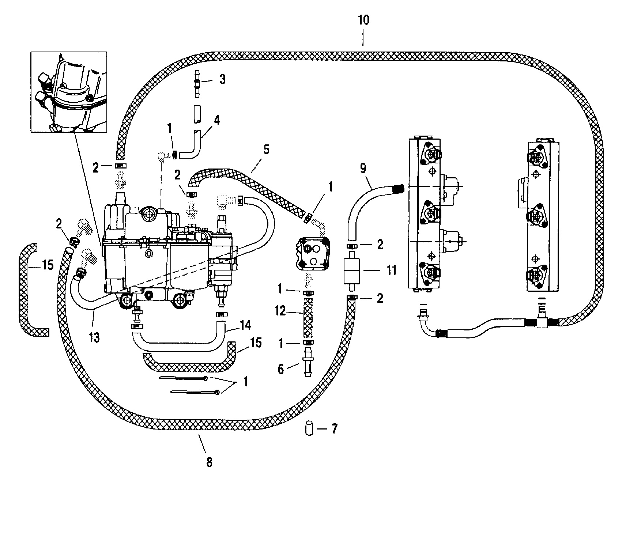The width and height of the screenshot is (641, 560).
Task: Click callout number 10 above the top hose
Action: pyautogui.click(x=364, y=20)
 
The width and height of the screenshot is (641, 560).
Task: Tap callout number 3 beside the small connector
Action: pyautogui.click(x=222, y=80)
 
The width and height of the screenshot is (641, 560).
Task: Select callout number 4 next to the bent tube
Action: pyautogui.click(x=217, y=120)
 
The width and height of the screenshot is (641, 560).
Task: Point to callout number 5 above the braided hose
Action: pyautogui.click(x=266, y=150)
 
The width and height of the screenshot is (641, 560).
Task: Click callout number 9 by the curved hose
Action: pyautogui.click(x=363, y=168)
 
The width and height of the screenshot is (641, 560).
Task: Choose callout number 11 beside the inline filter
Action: pyautogui.click(x=392, y=270)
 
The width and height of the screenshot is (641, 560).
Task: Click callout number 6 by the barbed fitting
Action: pyautogui.click(x=281, y=369)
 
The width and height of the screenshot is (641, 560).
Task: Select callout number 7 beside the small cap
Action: pyautogui.click(x=334, y=429)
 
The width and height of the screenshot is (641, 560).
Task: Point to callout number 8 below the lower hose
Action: pyautogui.click(x=209, y=462)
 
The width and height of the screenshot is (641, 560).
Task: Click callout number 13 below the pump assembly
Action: pyautogui.click(x=94, y=337)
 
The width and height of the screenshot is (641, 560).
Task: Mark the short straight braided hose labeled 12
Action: pyautogui.click(x=308, y=317)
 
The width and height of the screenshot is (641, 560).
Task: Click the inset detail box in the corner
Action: pyautogui.click(x=69, y=92)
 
